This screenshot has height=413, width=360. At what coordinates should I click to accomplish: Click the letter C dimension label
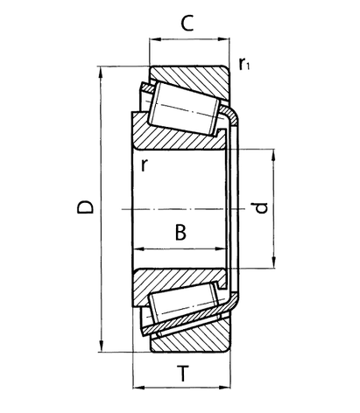click(187, 24)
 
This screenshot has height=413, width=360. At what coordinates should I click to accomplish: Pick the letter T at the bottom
click(181, 374)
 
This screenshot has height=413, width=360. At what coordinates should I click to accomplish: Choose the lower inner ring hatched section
click(171, 283)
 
